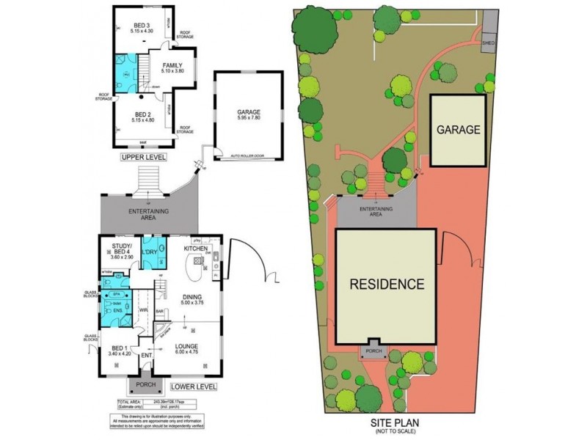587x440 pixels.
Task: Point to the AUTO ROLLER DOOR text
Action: (x=246, y=156)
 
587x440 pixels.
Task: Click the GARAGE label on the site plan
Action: (x=459, y=130)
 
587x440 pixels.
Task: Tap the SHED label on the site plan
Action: (x=488, y=43)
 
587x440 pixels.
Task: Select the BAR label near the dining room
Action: (x=159, y=312)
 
